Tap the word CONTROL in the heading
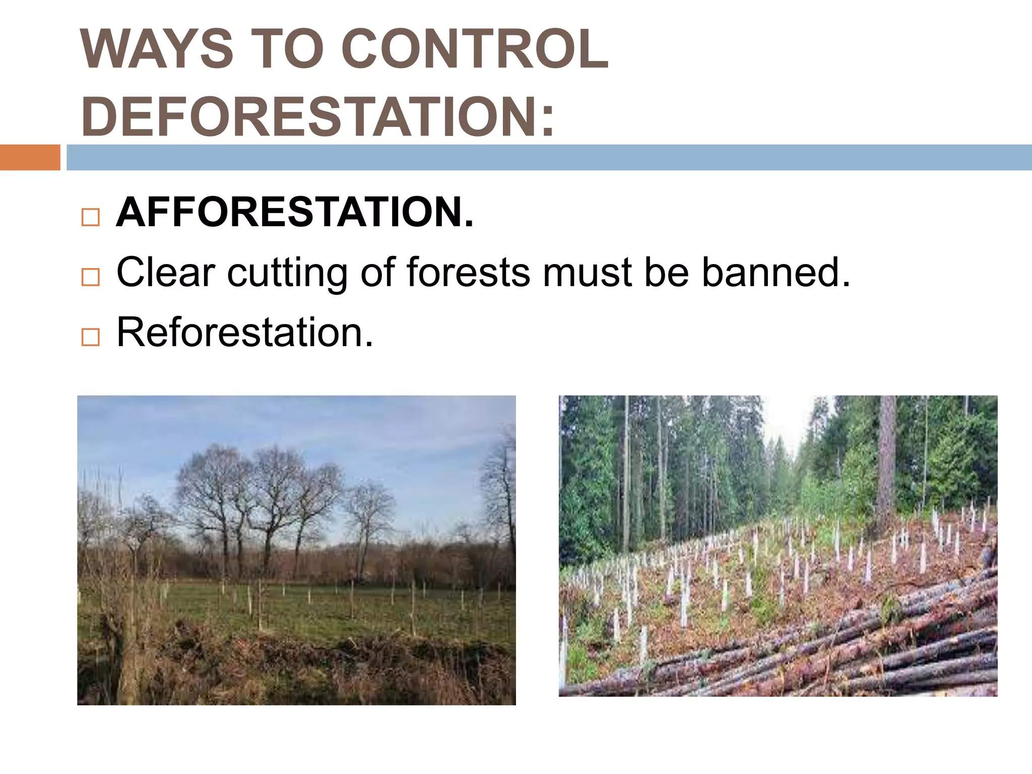474,49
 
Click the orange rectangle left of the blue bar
30,157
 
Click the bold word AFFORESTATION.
294,212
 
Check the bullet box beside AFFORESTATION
90,218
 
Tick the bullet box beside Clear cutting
90,277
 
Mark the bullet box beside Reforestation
90,337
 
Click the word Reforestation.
245,332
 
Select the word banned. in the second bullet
776,272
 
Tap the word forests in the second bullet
468,272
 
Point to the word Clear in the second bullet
166,272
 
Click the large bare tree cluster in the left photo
257,499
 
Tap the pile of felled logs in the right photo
857,650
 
